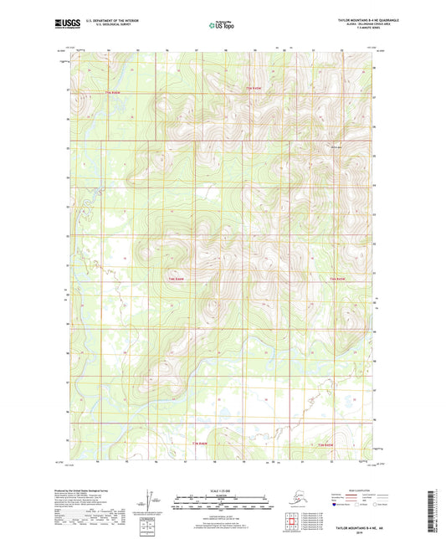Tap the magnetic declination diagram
pyautogui.click(x=148, y=501)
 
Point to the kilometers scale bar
pyautogui.click(x=223, y=498)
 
